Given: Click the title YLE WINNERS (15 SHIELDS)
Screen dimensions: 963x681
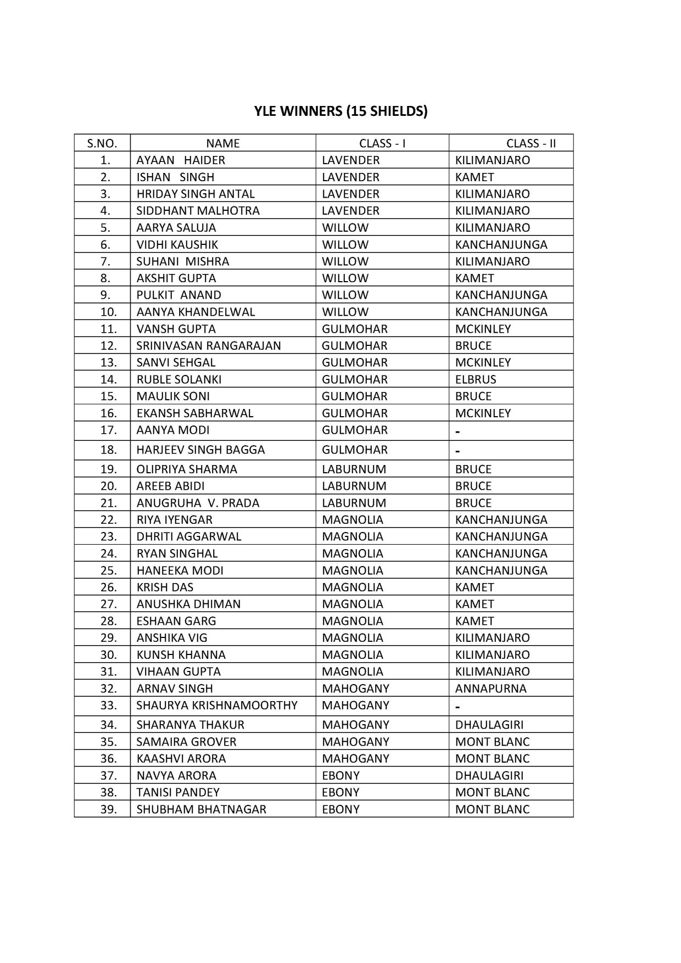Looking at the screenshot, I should (340, 111).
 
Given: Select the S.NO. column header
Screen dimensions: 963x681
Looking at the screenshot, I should (102, 143).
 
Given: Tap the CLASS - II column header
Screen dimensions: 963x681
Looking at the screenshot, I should (531, 143).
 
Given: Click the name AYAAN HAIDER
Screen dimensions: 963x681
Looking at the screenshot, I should (181, 160).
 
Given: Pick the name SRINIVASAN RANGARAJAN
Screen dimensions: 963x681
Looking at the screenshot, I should (209, 346).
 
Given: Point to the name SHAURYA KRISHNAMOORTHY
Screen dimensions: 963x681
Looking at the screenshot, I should (217, 706).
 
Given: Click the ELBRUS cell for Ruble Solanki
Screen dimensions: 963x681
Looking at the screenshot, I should (476, 379).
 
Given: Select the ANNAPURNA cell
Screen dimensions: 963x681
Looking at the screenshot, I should (490, 688).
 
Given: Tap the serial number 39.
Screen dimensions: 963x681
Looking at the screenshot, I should (108, 809).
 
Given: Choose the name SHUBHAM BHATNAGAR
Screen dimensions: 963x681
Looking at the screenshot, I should (201, 809).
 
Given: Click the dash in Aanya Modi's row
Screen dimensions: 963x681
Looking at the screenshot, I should (458, 432).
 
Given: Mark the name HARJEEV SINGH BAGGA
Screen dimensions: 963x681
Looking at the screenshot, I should (200, 450).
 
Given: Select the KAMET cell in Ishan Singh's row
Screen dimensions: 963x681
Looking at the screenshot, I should (475, 177).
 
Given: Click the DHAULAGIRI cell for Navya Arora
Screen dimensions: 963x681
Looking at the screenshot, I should (489, 776).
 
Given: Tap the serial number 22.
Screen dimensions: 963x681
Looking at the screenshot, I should (108, 520).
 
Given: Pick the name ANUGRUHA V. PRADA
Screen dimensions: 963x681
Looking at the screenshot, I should (198, 503).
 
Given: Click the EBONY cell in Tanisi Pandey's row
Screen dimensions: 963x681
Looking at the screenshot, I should (340, 792).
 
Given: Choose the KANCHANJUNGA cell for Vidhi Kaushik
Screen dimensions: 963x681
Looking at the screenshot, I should (501, 245).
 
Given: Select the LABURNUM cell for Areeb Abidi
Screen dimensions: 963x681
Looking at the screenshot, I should (354, 486).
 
